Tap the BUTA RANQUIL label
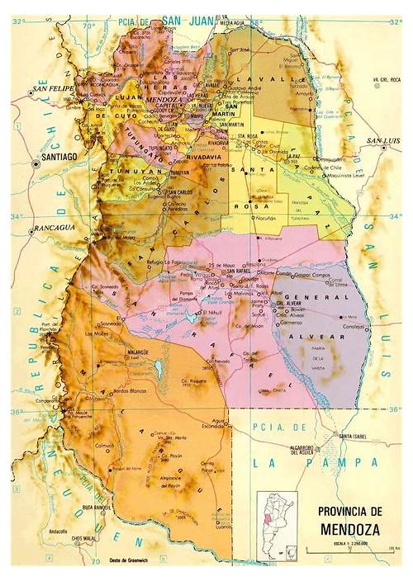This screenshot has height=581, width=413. click(x=97, y=507)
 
